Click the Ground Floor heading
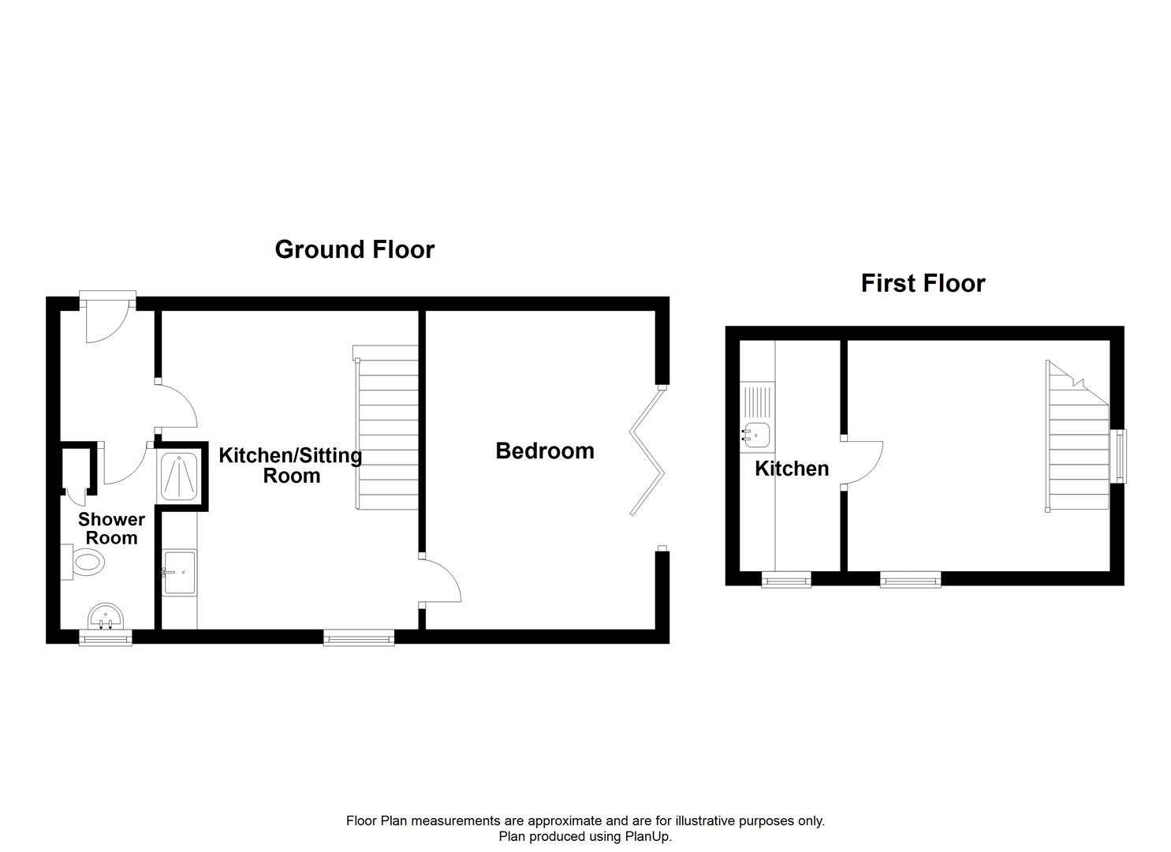click(x=354, y=249)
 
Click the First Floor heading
click(x=923, y=283)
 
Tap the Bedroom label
click(x=544, y=451)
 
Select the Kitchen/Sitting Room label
click(x=290, y=465)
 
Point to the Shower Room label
click(x=111, y=529)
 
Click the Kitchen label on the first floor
click(x=792, y=469)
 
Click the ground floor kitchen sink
click(x=179, y=571)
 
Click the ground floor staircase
click(x=386, y=430)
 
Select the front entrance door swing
click(x=105, y=324)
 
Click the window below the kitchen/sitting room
click(x=359, y=637)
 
